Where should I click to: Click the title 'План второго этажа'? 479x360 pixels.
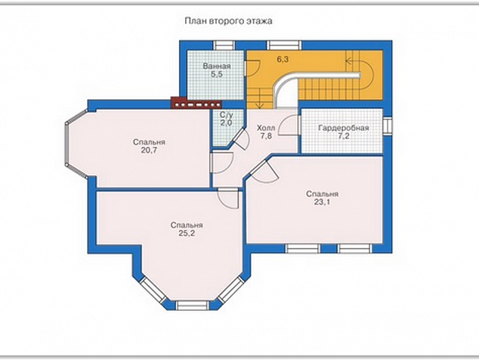pyautogui.click(x=228, y=21)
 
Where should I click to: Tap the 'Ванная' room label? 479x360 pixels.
pyautogui.click(x=217, y=66)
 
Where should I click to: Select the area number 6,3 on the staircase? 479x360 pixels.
pyautogui.click(x=283, y=59)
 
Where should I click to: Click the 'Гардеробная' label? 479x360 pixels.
pyautogui.click(x=344, y=128)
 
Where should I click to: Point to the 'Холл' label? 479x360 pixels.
pyautogui.click(x=266, y=128)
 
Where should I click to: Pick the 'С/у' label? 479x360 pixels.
pyautogui.click(x=227, y=115)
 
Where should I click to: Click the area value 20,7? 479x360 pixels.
pyautogui.click(x=149, y=151)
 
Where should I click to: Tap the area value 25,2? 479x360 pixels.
pyautogui.click(x=187, y=234)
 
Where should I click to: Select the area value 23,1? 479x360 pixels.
pyautogui.click(x=322, y=202)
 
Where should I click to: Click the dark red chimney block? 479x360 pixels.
pyautogui.click(x=196, y=103)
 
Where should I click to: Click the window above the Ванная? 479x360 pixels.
pyautogui.click(x=224, y=45)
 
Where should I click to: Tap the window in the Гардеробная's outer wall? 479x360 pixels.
pyautogui.click(x=387, y=126)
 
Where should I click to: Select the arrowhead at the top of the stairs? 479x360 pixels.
pyautogui.click(x=348, y=61)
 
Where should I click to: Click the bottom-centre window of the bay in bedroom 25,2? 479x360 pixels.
pyautogui.click(x=193, y=306)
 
